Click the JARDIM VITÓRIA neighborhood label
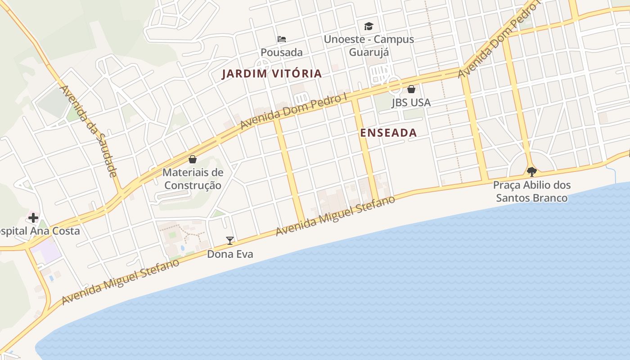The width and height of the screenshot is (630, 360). click(272, 74)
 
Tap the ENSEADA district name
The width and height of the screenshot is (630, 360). click(388, 133)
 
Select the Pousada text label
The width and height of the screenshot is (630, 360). click(282, 52)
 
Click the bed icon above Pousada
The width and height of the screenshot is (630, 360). click(282, 39)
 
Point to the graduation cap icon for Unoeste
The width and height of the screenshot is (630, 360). click(369, 26)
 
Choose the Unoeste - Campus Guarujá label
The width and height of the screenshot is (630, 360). click(369, 45)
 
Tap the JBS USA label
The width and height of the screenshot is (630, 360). click(411, 103)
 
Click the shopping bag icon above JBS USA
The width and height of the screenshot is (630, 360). click(411, 89)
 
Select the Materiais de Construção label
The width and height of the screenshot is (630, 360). click(193, 179)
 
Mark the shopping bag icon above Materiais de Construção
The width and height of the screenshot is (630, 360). click(193, 159)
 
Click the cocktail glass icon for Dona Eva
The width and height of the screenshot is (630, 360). click(230, 241)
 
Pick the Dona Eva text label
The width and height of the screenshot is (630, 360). click(230, 254)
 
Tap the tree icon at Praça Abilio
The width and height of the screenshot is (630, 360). click(531, 171)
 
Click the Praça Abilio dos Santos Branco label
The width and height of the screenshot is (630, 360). click(531, 192)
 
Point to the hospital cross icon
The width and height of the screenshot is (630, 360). click(33, 218)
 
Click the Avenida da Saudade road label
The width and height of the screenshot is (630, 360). click(89, 130)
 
